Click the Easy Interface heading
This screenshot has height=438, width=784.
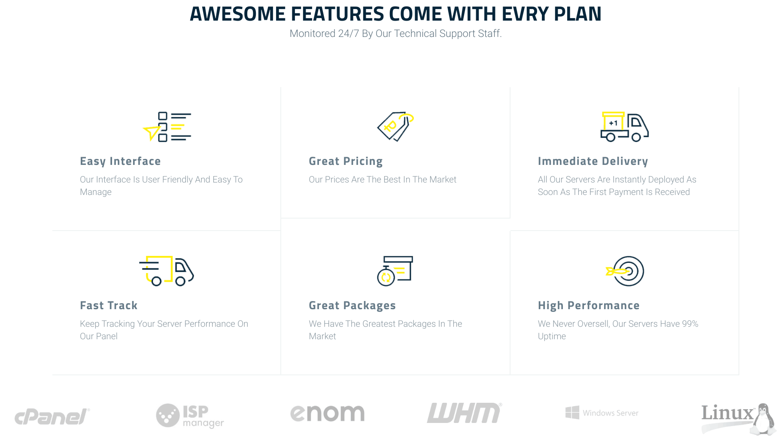120,161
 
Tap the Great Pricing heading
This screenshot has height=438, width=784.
346,161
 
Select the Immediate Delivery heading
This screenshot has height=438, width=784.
593,161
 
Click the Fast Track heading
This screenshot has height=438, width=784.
109,305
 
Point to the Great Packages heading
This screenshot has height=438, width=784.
352,306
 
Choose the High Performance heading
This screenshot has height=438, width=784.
589,306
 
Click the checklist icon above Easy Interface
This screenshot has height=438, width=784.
167,127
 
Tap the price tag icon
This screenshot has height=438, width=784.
395,127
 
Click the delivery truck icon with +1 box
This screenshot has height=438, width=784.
624,127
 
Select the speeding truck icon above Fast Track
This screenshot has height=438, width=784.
167,271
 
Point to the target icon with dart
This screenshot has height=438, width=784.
625,271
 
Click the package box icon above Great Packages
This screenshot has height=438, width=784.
395,271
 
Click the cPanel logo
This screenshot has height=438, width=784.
52,416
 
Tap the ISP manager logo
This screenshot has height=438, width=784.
190,416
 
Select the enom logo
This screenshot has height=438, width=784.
328,413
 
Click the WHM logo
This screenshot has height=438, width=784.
465,413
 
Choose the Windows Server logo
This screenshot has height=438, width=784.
602,413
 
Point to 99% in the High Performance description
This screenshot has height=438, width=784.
690,324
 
